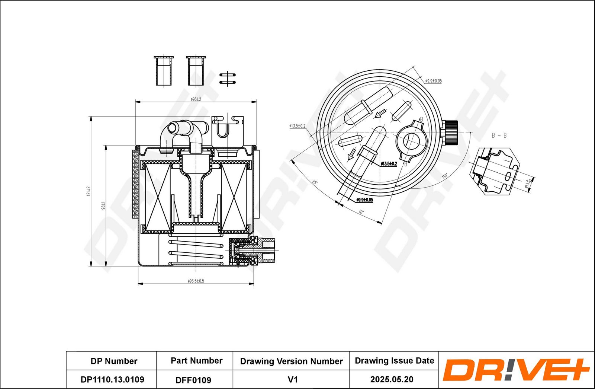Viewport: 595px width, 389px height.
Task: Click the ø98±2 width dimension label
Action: click(x=196, y=99)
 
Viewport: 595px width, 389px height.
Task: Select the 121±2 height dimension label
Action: click(x=89, y=191)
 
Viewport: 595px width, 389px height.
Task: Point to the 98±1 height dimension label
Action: click(x=103, y=205)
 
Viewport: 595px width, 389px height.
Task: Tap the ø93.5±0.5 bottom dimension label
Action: click(x=196, y=281)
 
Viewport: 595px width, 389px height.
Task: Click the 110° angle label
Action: click(x=444, y=176)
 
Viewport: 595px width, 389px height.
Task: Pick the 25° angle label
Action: click(x=315, y=182)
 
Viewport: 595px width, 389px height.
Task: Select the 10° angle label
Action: click(x=361, y=212)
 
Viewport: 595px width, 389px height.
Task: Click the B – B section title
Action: click(x=499, y=135)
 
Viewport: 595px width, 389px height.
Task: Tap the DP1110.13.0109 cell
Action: click(x=112, y=379)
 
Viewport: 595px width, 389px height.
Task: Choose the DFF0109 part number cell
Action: click(x=193, y=380)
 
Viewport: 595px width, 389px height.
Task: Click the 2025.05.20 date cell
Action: click(x=392, y=379)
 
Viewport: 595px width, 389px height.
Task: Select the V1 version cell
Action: click(x=293, y=379)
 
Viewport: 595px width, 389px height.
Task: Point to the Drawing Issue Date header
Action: click(x=394, y=361)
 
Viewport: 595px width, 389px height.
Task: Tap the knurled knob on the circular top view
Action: click(x=451, y=133)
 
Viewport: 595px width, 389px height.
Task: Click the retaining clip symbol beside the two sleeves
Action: click(x=227, y=79)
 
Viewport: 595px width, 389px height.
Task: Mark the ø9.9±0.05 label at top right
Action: click(x=433, y=81)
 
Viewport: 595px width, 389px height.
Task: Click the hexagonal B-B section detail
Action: click(x=496, y=171)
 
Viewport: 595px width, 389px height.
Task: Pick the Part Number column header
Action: click(x=196, y=361)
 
